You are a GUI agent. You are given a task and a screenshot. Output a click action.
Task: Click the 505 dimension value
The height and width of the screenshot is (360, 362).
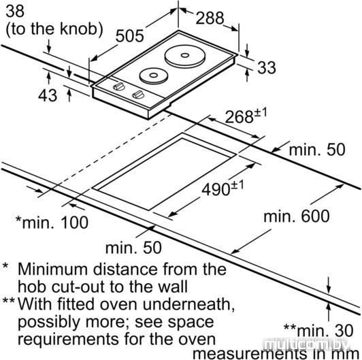(x=129, y=36)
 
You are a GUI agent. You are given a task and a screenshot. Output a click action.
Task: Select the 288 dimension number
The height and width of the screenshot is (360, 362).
(x=210, y=18)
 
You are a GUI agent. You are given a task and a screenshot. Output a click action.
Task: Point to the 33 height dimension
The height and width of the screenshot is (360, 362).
(x=267, y=67)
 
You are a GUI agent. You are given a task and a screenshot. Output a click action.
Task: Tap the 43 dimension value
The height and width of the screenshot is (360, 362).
(x=48, y=95)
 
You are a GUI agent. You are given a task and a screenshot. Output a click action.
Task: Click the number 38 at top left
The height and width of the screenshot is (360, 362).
(x=15, y=11)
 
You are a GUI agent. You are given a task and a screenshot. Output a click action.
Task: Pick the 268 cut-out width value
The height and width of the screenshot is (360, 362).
(x=239, y=116)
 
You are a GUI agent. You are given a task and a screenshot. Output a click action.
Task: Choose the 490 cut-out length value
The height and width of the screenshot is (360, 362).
(x=216, y=189)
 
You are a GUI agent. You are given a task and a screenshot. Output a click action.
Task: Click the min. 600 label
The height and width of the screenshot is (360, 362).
(x=297, y=216)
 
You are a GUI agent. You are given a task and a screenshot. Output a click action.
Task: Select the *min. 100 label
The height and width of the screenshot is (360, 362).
(x=52, y=222)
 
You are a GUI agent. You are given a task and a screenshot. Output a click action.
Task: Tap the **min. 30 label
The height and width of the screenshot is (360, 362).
(x=318, y=330)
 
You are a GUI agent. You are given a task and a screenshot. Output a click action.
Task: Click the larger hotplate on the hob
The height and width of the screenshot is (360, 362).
(x=185, y=56)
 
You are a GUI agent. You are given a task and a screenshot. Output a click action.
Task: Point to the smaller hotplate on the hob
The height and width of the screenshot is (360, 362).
(x=154, y=76)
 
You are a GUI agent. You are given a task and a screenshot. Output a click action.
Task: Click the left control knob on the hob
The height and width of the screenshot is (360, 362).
(x=119, y=86)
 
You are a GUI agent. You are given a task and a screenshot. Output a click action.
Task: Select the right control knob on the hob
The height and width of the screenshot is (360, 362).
(x=138, y=95)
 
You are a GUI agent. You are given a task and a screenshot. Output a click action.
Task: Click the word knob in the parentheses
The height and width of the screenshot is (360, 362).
(x=78, y=29)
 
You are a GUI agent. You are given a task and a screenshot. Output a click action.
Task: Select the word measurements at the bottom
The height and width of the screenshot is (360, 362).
(x=249, y=353)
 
